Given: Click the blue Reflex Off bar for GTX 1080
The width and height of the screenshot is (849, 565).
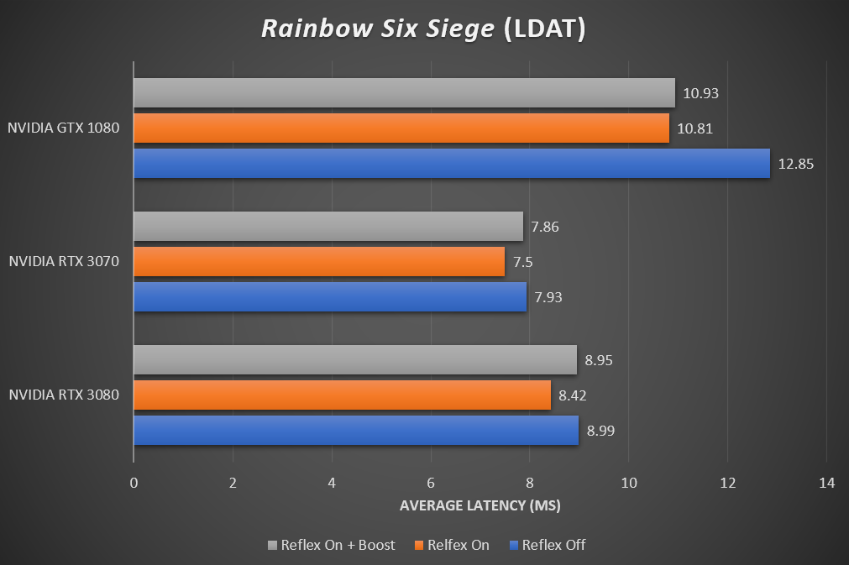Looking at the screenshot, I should pos(452,164).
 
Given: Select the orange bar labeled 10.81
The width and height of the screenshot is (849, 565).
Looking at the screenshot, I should pos(401,128).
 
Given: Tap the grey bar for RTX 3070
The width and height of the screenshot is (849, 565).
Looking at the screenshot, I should pos(328,226).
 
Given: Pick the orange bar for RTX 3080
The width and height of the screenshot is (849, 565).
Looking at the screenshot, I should pos(342,395).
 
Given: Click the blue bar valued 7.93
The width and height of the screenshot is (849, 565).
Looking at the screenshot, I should pos(330,296).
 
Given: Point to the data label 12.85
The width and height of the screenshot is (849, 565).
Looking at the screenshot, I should pos(796,164).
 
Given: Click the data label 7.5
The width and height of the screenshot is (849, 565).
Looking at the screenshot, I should pos(522,262).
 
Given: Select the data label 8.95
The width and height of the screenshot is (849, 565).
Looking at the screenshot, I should pos(602,360).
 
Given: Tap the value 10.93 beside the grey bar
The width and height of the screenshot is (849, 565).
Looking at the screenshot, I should pos(700,93).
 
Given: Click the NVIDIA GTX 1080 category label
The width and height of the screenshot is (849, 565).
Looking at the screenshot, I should pos(64,128).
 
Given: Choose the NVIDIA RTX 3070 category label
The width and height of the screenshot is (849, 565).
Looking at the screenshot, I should pos(64,261).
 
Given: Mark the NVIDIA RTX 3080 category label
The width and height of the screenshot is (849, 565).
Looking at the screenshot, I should pos(64,395).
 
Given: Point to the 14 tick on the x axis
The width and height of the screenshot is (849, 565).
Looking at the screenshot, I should pos(826,484).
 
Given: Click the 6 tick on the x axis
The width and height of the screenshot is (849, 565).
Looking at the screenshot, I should pos(431,484).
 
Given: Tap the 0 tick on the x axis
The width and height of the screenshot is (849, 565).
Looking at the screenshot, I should pos(134,484).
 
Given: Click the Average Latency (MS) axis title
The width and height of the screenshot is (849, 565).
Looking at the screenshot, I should pos(480,505).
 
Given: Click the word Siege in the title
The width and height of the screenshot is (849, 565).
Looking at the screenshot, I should pos(461,29).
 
